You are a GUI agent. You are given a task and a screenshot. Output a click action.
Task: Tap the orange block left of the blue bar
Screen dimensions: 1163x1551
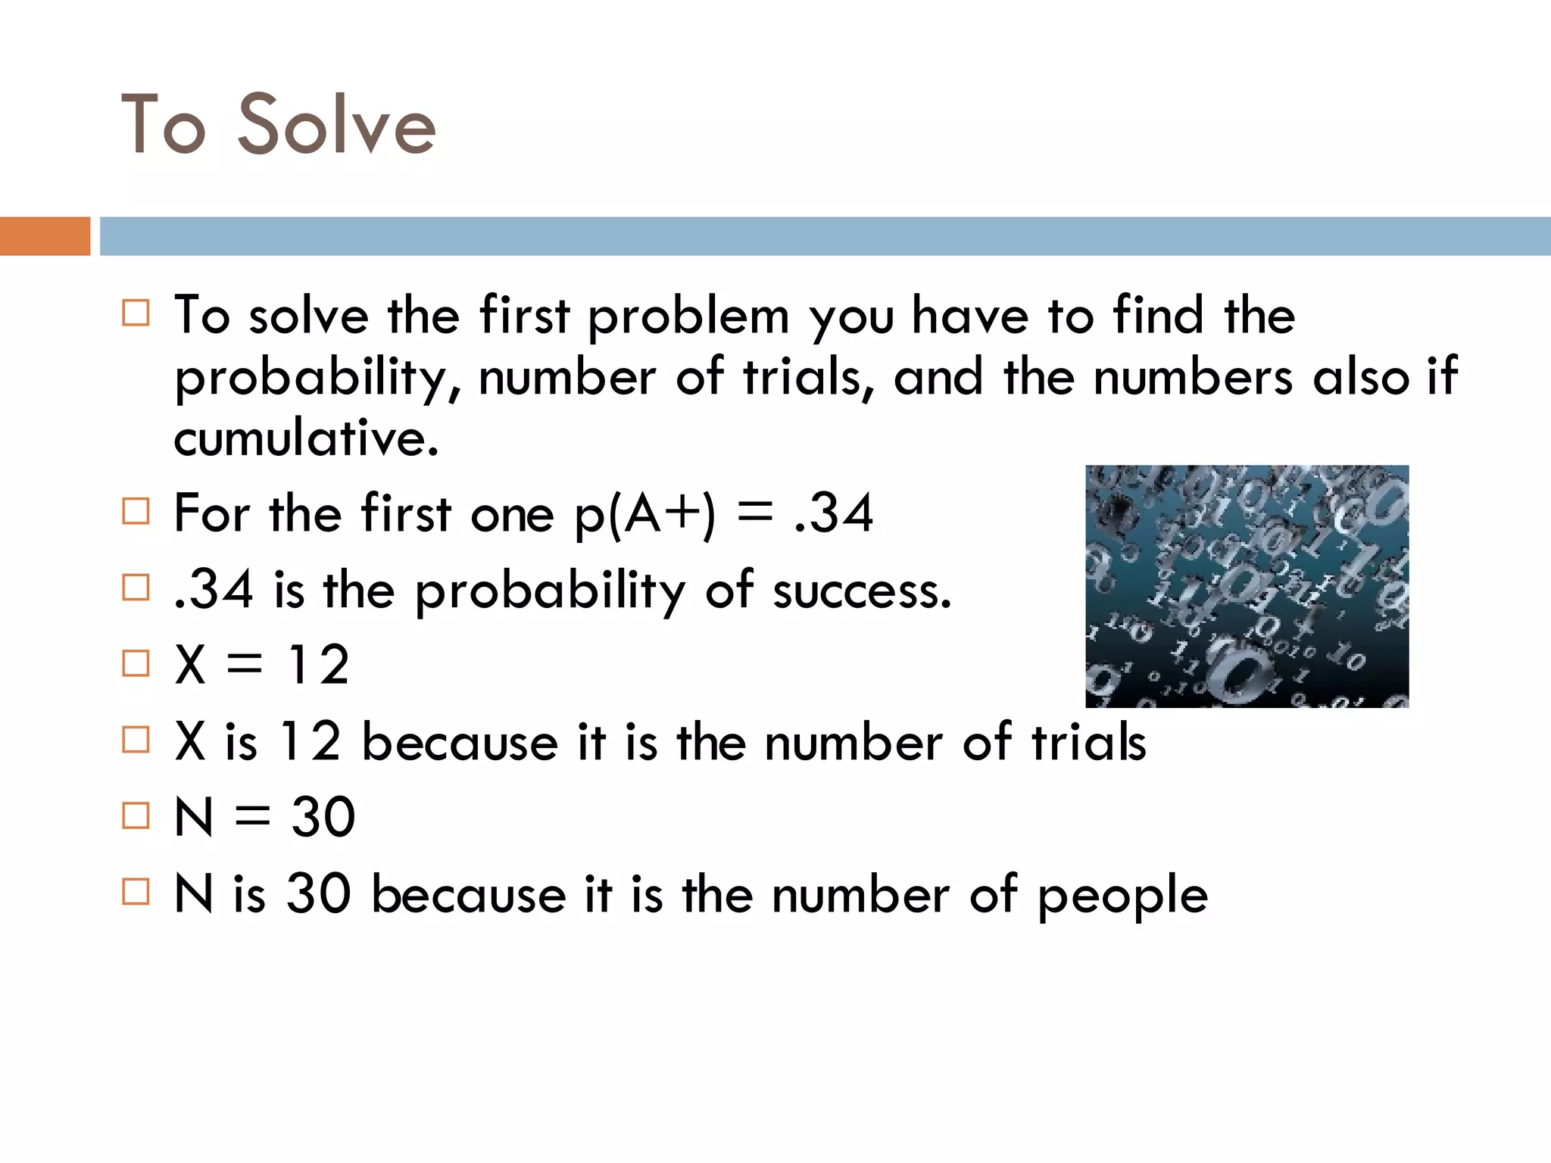(45, 236)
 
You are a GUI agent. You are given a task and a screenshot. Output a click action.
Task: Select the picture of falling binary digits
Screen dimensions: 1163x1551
(1247, 587)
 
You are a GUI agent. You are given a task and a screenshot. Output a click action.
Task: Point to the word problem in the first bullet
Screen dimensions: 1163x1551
(688, 316)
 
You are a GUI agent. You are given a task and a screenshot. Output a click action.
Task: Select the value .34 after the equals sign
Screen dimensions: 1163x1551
(834, 513)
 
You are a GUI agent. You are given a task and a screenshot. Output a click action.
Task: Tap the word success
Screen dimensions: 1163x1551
(862, 591)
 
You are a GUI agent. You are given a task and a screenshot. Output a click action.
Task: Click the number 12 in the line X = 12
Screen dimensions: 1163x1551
(318, 666)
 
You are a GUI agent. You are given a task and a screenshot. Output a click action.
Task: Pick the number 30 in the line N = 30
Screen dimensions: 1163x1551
(323, 818)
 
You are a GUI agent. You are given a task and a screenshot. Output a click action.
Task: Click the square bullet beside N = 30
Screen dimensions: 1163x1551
(136, 815)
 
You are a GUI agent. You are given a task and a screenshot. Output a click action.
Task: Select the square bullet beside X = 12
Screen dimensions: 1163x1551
(136, 663)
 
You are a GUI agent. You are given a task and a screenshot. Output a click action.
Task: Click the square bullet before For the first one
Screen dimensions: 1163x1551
(136, 511)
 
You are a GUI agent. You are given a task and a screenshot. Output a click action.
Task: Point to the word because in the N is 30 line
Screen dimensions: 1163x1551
(469, 895)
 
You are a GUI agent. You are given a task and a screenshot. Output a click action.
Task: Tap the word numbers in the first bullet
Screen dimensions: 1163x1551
(1193, 378)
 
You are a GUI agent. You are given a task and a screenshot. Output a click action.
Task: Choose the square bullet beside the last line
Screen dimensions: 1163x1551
(136, 892)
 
